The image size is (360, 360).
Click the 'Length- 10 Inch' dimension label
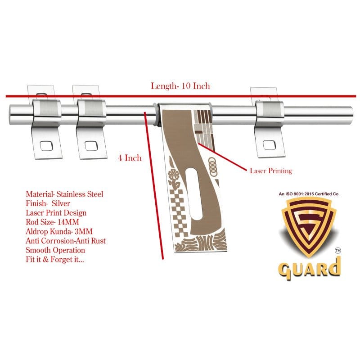(180, 86)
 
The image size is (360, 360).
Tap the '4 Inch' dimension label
(130, 158)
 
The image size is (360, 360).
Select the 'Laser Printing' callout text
(271, 171)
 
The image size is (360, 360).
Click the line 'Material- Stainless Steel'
(64, 194)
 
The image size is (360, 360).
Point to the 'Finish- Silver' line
(48, 203)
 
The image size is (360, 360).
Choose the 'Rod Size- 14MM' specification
(52, 222)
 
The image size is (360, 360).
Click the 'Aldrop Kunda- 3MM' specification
(59, 231)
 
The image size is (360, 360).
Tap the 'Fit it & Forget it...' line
(55, 260)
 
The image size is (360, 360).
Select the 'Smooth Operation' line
(55, 250)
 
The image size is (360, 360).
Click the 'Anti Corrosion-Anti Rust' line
(66, 241)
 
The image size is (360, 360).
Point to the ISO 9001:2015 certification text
(309, 194)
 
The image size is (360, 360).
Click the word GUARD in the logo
(309, 269)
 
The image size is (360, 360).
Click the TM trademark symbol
(338, 251)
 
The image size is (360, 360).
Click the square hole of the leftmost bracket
(47, 145)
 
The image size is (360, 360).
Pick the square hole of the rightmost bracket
(269, 144)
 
